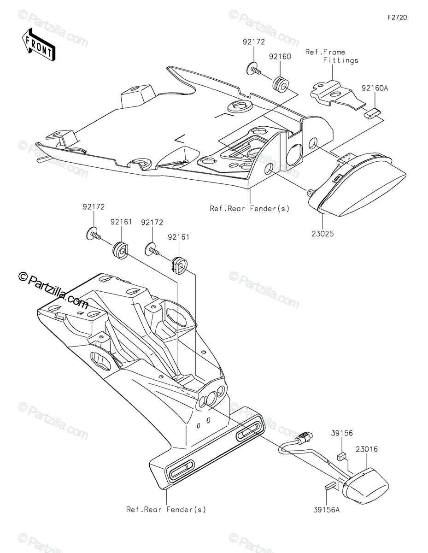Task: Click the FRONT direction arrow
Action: [x=39, y=44]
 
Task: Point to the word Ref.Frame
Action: [x=325, y=52]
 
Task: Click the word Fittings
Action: [x=340, y=60]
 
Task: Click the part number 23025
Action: [x=322, y=234]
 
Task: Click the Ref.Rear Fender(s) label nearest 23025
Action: [x=250, y=208]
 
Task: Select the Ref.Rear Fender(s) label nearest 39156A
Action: [x=166, y=509]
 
